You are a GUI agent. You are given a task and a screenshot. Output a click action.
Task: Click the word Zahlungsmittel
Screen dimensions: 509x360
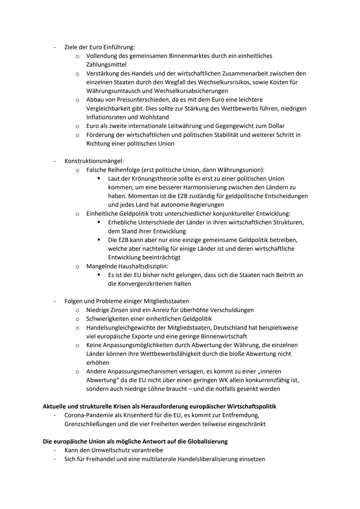[106, 65]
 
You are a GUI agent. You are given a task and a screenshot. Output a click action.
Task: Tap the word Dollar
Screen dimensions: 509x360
[276, 126]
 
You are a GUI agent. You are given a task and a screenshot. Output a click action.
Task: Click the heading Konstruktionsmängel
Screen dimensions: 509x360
[94, 161]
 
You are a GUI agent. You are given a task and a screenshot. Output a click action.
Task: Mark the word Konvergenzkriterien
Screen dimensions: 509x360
[145, 284]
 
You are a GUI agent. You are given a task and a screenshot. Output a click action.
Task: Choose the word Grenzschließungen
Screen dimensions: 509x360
[91, 424]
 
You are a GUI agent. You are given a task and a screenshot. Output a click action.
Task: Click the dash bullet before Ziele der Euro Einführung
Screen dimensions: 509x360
[54, 47]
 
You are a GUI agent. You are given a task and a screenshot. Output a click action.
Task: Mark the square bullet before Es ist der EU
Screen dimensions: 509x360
[99, 275]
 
